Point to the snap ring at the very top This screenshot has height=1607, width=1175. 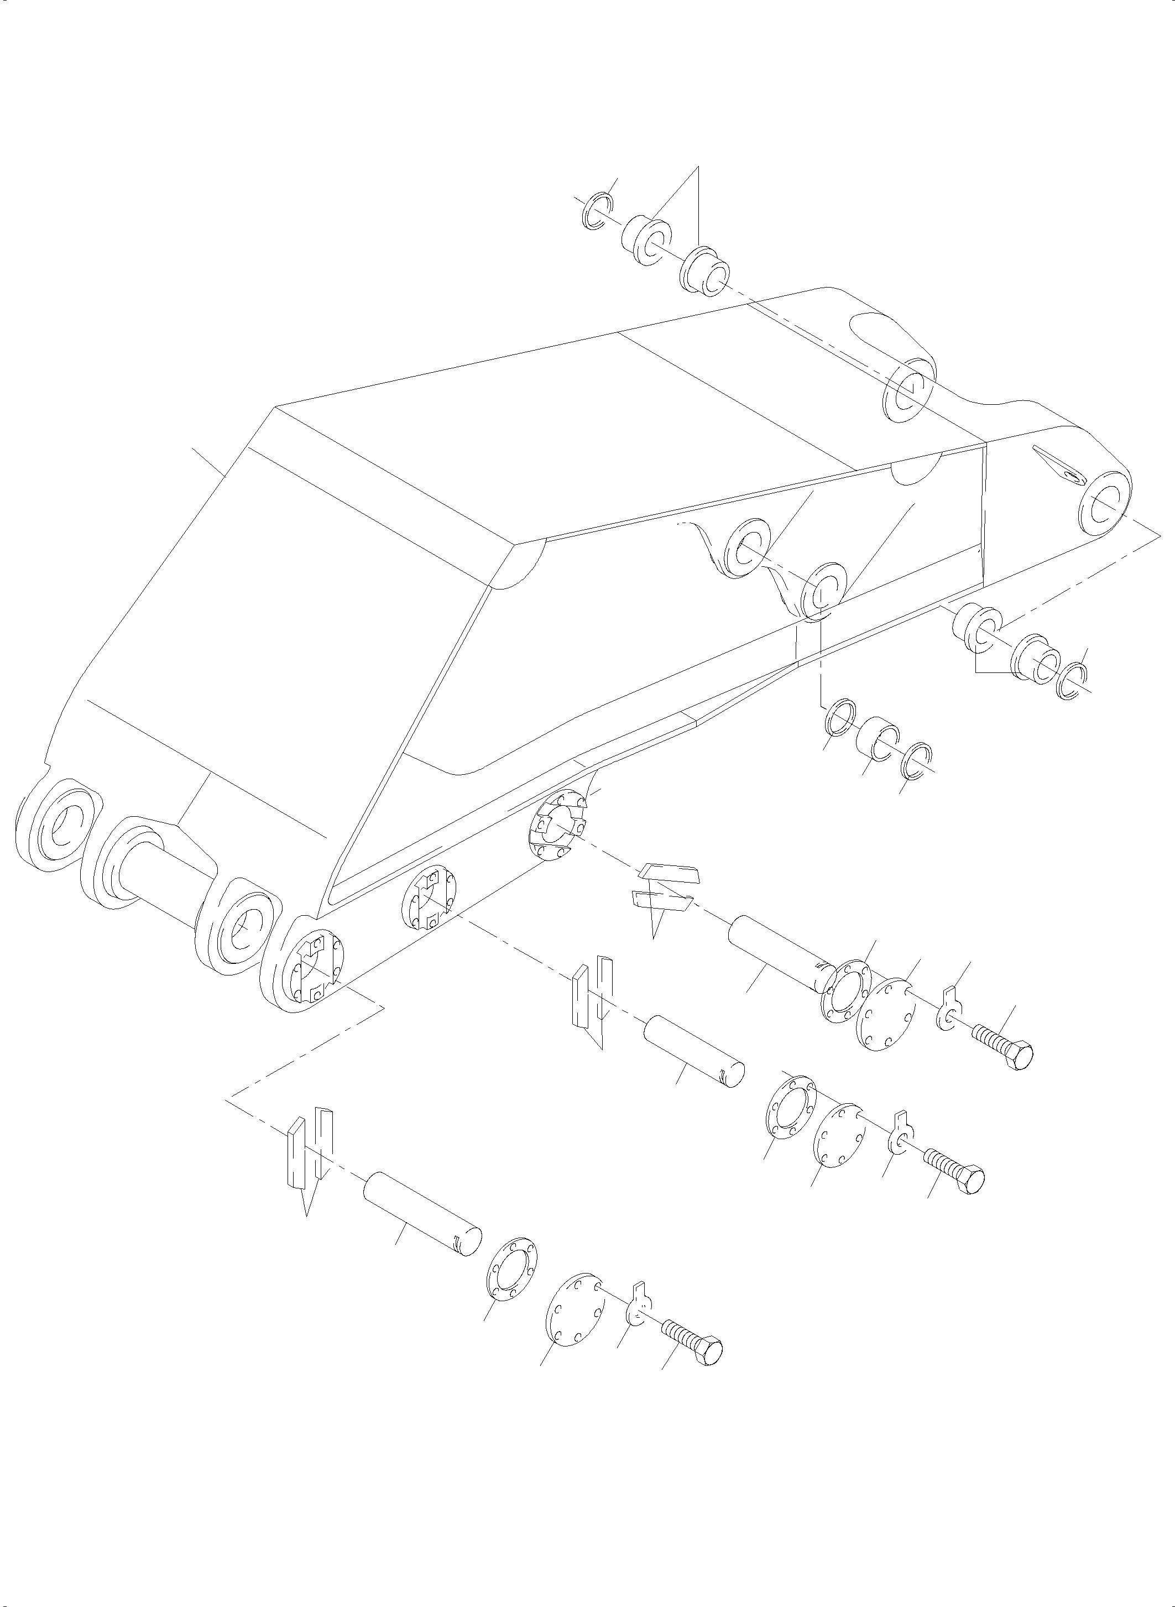pyautogui.click(x=596, y=211)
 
